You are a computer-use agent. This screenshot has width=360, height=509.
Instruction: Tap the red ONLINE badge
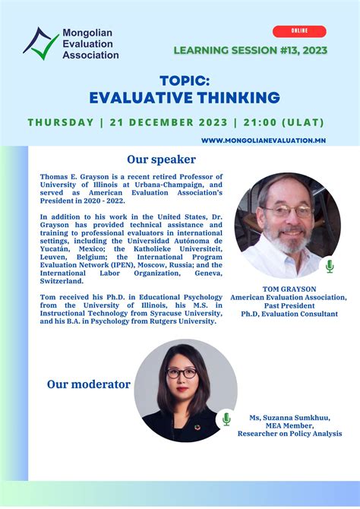point(299,32)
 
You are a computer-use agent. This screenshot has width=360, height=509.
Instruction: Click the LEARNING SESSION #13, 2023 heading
point(250,51)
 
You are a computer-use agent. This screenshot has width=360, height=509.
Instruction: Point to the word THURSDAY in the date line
point(60,122)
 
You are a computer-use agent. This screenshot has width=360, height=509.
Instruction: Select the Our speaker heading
point(161,160)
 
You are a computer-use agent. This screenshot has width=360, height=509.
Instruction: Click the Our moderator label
point(89,384)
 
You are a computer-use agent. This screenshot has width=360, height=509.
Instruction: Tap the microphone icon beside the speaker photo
point(330,266)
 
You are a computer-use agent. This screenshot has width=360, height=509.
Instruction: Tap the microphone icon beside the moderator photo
point(226,419)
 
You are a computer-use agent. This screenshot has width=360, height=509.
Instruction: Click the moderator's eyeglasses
point(182,373)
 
